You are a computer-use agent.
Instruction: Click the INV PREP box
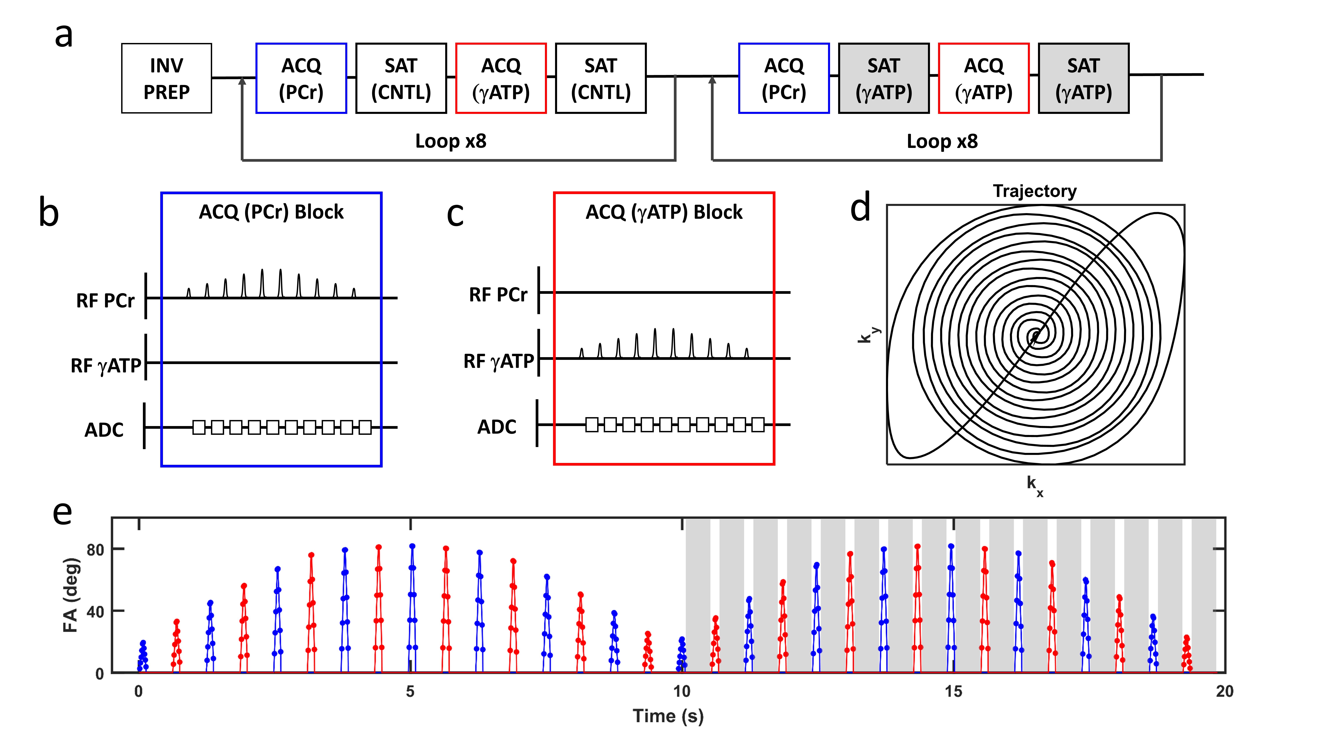166,79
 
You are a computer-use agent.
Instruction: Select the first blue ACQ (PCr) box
301,79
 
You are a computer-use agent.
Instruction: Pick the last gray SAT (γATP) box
1083,79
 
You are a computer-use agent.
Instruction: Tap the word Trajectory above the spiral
1035,191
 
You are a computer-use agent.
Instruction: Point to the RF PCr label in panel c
498,295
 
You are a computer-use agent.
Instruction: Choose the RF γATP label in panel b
106,365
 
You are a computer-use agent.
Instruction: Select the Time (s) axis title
668,716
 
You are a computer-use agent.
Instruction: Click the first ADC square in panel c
592,425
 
